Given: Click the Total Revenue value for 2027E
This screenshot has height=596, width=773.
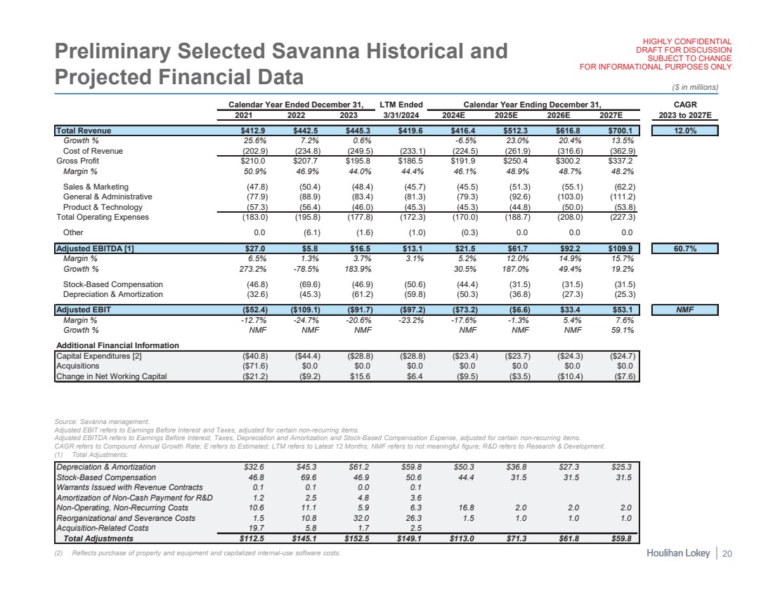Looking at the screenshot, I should (621, 131).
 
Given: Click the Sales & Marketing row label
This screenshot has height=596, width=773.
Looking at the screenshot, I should (96, 187).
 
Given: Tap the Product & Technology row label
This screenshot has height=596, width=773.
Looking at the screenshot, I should (103, 207).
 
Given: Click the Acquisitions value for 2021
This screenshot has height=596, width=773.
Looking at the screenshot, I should (251, 366).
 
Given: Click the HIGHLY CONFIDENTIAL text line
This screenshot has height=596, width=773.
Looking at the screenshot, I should (683, 41).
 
